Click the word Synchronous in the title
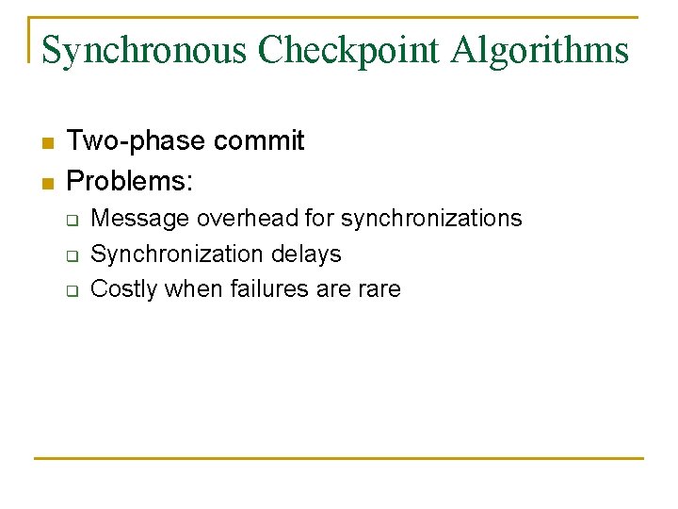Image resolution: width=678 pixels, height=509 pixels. click(x=145, y=50)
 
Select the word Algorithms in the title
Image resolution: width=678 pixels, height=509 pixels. click(x=540, y=50)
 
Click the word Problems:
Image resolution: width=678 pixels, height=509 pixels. click(x=130, y=178)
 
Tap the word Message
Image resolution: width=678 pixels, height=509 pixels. click(x=139, y=219)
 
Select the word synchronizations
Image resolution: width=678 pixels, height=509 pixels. click(x=431, y=219)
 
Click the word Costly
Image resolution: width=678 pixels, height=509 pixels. click(x=123, y=289)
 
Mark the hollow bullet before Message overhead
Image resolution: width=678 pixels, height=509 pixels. click(x=71, y=220)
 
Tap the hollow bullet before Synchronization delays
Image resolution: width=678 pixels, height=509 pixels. click(x=71, y=255)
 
